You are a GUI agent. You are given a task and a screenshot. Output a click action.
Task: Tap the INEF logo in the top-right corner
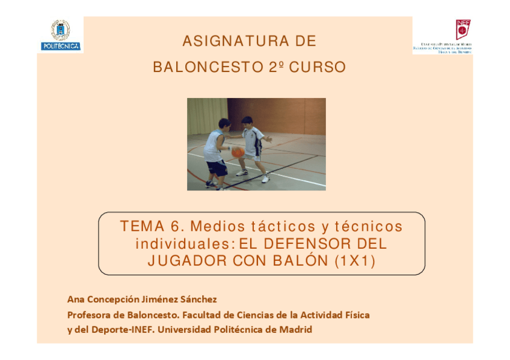[x=443, y=37]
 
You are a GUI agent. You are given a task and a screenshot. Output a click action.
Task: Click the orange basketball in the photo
[x=238, y=152]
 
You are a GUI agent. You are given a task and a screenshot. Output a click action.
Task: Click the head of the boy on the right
[x=247, y=122]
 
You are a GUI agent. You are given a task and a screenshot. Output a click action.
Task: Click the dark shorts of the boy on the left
[x=217, y=168]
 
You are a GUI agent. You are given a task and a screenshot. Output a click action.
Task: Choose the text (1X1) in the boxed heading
[x=355, y=261]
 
